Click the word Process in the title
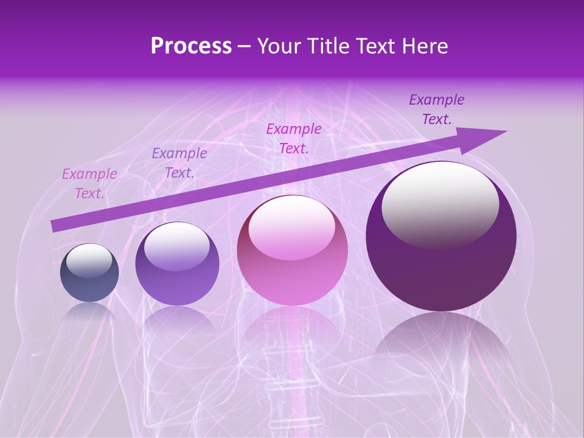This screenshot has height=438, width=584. click(191, 46)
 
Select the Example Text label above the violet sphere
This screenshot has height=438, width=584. click(179, 163)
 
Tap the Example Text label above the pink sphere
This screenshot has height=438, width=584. click(294, 138)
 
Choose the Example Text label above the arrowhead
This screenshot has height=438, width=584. click(437, 109)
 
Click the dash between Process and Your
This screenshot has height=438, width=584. click(245, 46)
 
